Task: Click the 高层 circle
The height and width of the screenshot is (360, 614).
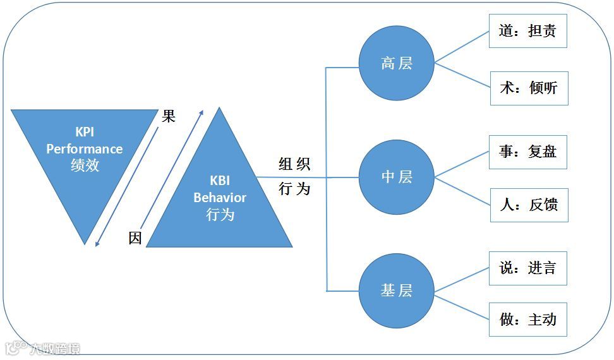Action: coord(397,63)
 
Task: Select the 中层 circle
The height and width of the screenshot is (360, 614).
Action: coord(397,177)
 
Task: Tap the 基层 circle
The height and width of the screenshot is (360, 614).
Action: coord(397,291)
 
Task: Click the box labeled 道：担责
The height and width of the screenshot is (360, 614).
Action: coord(527,31)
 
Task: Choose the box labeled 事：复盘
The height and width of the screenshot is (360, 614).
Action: coord(527,152)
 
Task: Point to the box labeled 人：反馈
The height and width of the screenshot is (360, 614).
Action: coord(529,205)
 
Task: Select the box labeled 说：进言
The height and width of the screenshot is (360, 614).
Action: coord(527,268)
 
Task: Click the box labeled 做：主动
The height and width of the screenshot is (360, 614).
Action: coord(529,320)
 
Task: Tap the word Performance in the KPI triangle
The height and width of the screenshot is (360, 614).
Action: coord(84,149)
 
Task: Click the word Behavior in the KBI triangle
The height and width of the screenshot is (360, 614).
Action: coord(220,198)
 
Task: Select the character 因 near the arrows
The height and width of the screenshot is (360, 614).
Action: coord(135,238)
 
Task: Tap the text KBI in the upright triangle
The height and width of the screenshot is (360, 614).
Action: coord(220,181)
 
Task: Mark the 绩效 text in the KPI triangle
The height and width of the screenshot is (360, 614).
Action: coord(85,165)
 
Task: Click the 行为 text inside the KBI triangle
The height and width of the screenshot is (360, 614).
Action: coord(220,215)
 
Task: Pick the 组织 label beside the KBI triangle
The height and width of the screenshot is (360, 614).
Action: coord(294,165)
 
